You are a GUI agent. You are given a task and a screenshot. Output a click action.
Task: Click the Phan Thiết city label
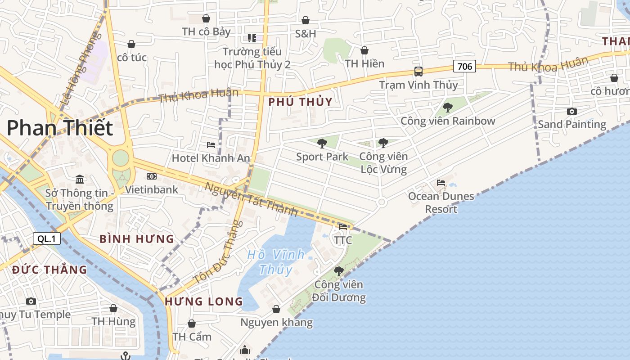click(x=59, y=128)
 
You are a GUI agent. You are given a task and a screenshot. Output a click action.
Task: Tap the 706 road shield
click(x=464, y=67)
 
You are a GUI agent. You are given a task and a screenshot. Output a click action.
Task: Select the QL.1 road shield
click(x=46, y=238)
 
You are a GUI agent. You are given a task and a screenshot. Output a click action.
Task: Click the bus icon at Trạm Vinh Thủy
click(x=418, y=71)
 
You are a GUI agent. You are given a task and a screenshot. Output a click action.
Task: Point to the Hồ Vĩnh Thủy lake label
click(x=276, y=261)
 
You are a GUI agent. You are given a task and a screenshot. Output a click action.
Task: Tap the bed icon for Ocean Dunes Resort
click(x=441, y=183)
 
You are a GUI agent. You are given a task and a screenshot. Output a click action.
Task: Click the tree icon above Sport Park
click(x=322, y=144)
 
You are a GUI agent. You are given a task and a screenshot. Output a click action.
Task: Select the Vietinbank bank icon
click(x=152, y=176)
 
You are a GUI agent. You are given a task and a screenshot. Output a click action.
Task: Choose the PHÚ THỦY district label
click(x=300, y=102)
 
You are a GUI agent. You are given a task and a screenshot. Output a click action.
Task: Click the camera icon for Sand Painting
click(x=572, y=111)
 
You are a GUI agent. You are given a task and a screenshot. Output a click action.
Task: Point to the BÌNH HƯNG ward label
click(x=136, y=239)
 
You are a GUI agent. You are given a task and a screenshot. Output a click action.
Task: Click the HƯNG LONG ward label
click(x=204, y=301)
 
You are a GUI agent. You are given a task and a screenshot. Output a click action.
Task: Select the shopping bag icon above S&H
click(x=306, y=20)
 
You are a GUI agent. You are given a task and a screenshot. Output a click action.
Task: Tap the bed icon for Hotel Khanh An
click(x=211, y=144)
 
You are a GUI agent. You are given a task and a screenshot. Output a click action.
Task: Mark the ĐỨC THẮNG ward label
click(x=49, y=270)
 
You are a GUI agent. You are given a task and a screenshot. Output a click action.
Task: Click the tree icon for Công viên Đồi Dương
click(x=339, y=271)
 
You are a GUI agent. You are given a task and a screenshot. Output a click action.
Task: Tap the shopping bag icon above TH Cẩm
click(x=192, y=324)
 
